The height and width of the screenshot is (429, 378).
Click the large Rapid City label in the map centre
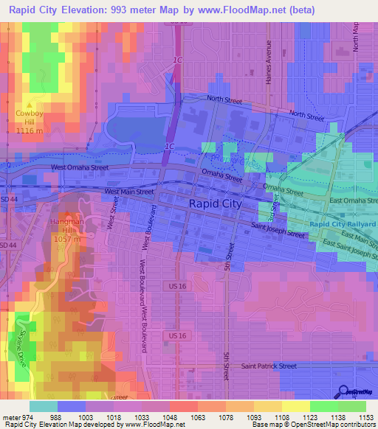[x=216, y=203]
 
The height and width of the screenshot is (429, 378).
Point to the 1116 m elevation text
[x=31, y=129]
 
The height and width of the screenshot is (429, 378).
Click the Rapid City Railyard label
[x=342, y=224]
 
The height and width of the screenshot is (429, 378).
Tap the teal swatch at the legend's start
[x=43, y=406]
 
